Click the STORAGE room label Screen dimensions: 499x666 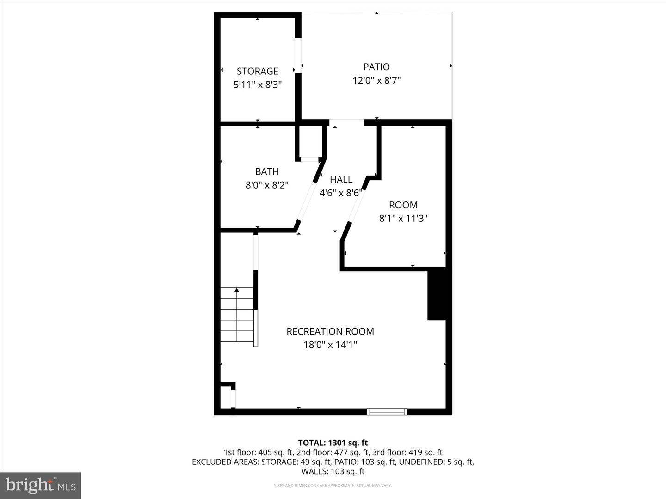coord(257,71)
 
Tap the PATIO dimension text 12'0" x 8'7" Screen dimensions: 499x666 coord(376,80)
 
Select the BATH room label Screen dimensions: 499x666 coord(267,171)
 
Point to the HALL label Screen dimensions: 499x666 coord(341,179)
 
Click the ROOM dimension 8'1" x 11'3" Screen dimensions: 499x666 coord(403,219)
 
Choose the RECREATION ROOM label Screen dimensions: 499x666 coord(330,331)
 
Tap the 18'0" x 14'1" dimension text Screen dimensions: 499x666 coord(330,345)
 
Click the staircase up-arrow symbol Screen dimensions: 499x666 coord(237,290)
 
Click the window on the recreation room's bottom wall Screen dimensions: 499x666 coord(387,411)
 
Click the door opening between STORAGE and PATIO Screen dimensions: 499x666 coord(298,55)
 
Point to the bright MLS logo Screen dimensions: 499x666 coord(41,485)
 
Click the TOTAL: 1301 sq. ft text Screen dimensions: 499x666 coord(333,443)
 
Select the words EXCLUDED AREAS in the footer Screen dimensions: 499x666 coord(225,462)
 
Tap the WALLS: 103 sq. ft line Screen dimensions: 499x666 coord(333,471)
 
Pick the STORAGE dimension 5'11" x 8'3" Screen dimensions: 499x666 coord(257,85)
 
